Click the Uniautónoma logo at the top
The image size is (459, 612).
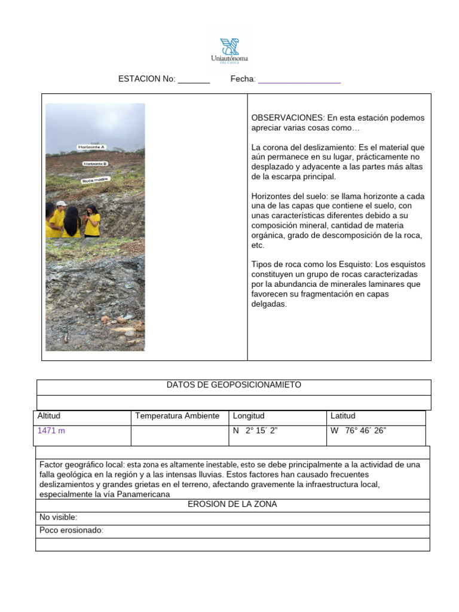[229, 50]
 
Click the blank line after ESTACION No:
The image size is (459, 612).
[194, 79]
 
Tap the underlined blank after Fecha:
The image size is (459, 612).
[299, 79]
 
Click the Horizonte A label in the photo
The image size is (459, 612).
[91, 146]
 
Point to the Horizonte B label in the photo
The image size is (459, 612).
[95, 163]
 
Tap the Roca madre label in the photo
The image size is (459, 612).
[96, 179]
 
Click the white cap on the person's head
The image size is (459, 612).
[61, 204]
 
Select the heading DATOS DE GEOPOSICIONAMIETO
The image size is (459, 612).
[234, 385]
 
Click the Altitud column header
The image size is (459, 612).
[49, 416]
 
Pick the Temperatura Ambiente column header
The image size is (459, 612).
[177, 416]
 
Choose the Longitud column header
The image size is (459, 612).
[249, 416]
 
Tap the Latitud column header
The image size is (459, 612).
[343, 416]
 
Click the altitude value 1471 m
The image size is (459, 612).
[51, 430]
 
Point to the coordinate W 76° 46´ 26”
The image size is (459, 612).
[359, 430]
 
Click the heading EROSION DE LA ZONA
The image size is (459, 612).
[232, 504]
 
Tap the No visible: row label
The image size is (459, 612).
[58, 518]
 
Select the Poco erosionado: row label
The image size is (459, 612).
[71, 531]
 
